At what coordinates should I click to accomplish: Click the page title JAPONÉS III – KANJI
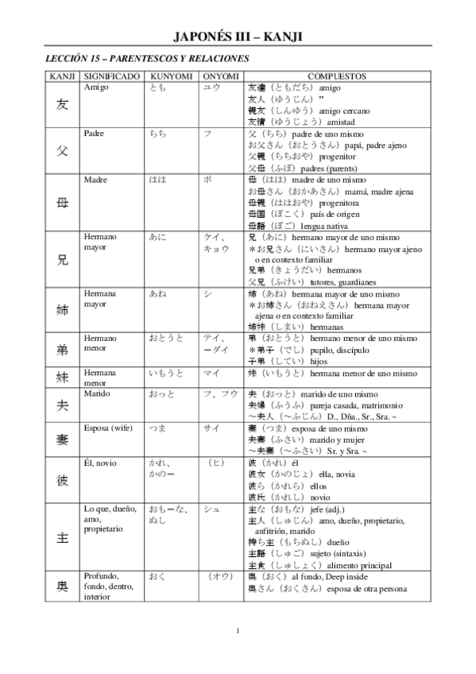238,37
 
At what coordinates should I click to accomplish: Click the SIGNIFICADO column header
112,76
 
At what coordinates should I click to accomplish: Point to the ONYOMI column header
220,76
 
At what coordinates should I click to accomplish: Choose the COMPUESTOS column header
336,76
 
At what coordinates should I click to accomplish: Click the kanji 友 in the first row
62,104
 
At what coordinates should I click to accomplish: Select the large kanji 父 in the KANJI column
62,150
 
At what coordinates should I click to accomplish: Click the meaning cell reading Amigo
96,87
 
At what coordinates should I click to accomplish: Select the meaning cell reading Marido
98,393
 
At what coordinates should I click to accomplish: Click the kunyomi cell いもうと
167,372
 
